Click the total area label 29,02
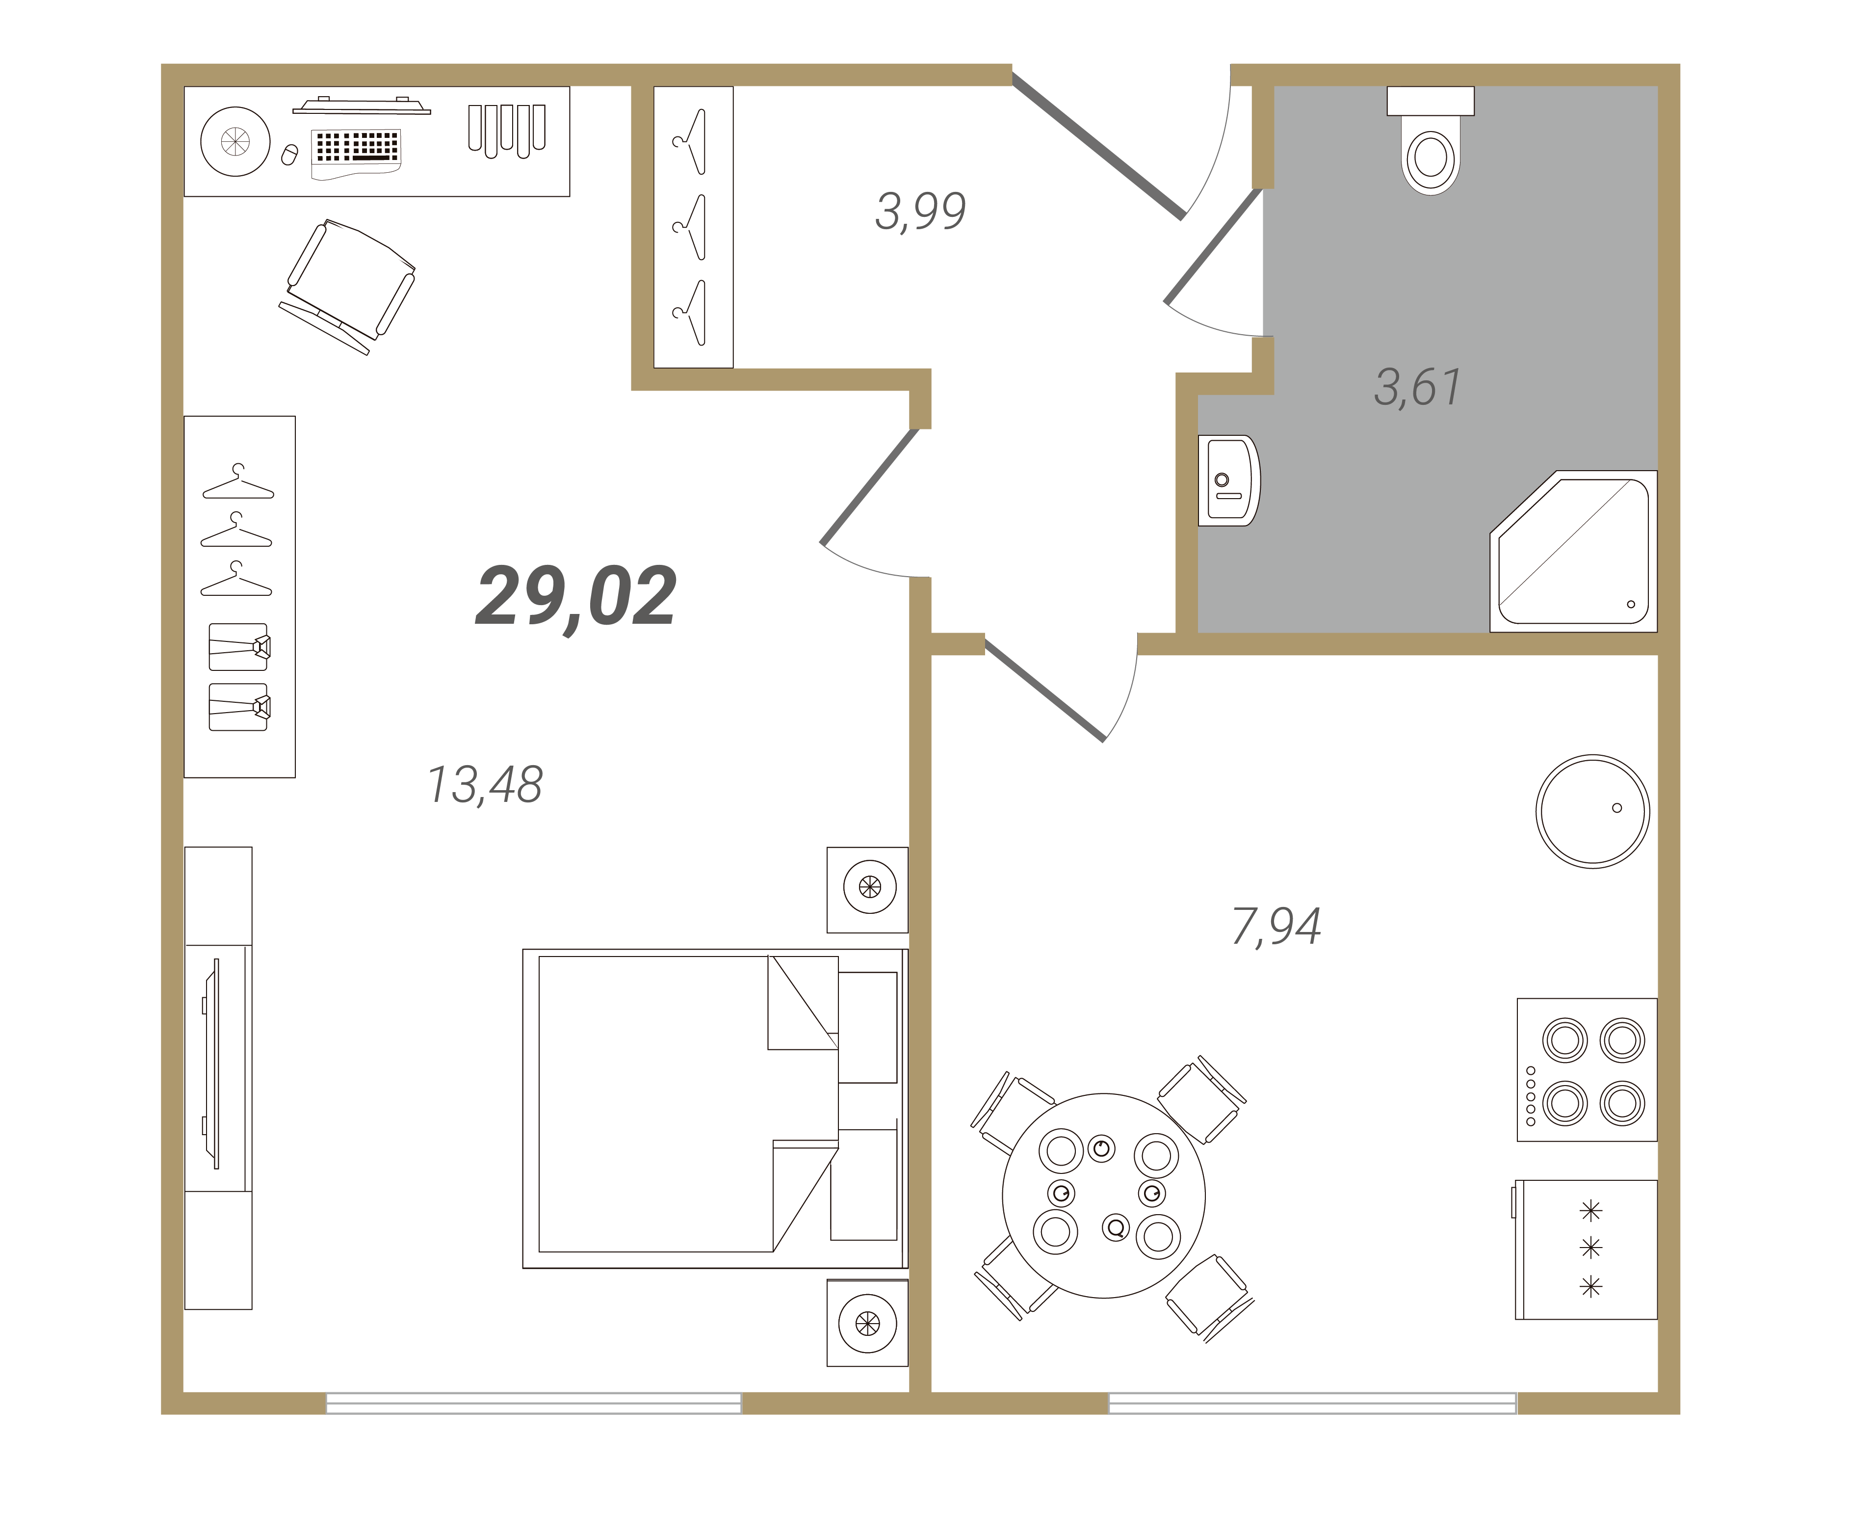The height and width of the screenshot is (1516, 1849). (x=576, y=596)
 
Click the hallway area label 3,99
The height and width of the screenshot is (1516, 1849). (x=920, y=212)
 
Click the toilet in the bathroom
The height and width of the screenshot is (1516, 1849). (x=1430, y=140)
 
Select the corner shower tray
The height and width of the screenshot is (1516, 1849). (x=1574, y=551)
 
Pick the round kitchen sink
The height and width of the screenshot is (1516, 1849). (x=1592, y=811)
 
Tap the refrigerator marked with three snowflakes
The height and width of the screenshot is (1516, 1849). (x=1586, y=1250)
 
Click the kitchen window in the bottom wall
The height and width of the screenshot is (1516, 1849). (x=1313, y=1403)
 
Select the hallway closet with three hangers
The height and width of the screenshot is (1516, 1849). (x=693, y=227)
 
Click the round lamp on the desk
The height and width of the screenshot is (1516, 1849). (x=235, y=141)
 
